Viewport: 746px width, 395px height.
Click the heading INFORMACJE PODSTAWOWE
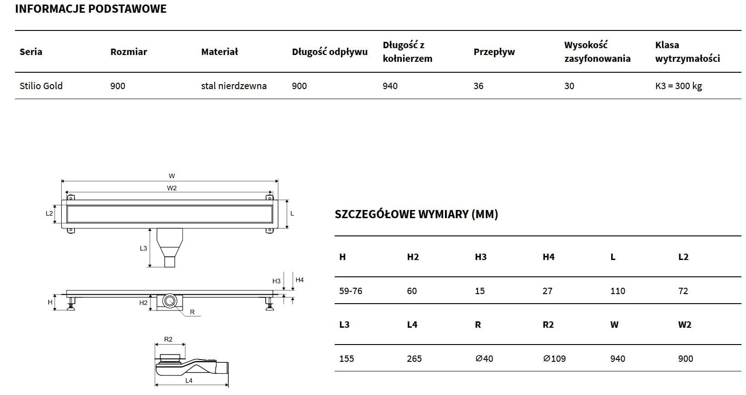click(x=91, y=9)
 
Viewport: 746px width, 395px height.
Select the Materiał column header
click(x=219, y=52)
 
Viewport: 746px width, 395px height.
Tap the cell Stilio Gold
click(x=41, y=85)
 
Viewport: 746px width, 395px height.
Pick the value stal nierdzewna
click(x=234, y=85)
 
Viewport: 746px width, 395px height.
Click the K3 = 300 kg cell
click(x=678, y=86)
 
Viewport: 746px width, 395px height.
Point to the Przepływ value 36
click(x=478, y=85)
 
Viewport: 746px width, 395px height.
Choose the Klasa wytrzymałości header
click(x=687, y=52)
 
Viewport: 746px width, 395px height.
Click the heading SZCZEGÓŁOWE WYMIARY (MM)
click(x=416, y=214)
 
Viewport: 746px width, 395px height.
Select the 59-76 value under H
click(x=351, y=291)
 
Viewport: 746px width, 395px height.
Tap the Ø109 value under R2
click(x=554, y=359)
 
